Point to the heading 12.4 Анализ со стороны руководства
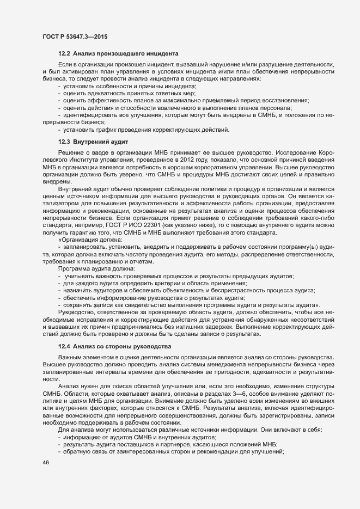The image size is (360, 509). click(x=115, y=346)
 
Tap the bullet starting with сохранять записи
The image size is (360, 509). click(x=191, y=304)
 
